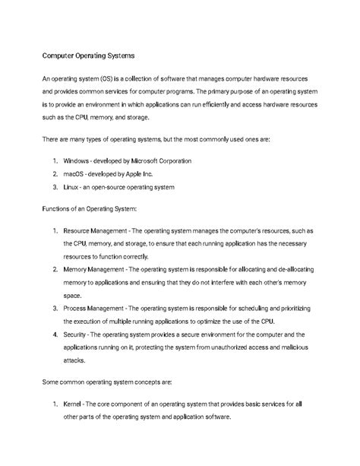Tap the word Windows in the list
click(x=78, y=161)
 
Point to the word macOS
click(x=76, y=174)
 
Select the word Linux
click(x=74, y=186)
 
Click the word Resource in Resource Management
click(x=81, y=230)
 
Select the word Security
click(x=78, y=334)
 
